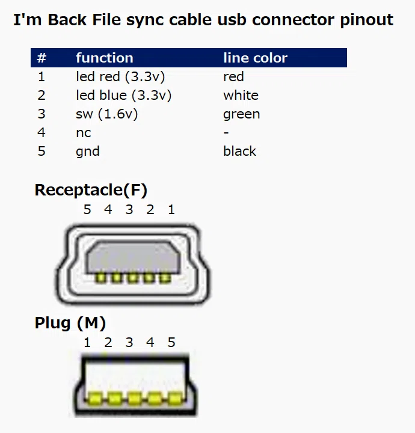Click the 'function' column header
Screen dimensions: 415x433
pos(105,58)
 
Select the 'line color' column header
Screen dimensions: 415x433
pos(256,58)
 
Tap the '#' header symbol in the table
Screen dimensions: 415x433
pos(41,58)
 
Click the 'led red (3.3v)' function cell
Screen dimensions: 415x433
pos(120,77)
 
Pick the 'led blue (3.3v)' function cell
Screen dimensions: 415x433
pos(124,96)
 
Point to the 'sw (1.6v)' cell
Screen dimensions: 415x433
pos(106,114)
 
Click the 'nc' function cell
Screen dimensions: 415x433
pos(84,133)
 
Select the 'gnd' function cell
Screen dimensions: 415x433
pos(88,152)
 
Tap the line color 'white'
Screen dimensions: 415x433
pos(241,96)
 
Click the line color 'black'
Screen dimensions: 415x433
pos(239,152)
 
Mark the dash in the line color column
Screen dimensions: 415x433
pos(226,133)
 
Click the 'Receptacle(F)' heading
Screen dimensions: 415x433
pos(91,190)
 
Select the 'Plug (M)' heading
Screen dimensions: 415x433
pos(70,323)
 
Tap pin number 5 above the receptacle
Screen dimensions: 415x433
pos(87,210)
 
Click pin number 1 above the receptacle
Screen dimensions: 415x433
pos(171,210)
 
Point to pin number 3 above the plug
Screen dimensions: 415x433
pos(129,342)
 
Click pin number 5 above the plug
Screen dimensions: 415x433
pos(171,342)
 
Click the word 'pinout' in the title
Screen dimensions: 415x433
pos(367,20)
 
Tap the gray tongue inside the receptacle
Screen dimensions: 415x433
pos(133,257)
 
